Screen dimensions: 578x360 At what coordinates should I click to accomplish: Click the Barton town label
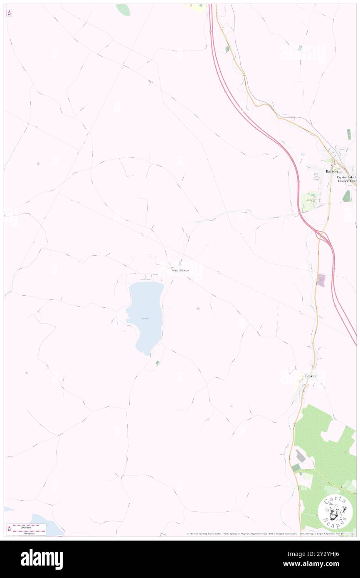[331, 171]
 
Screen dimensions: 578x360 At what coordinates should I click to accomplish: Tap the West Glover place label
[180, 270]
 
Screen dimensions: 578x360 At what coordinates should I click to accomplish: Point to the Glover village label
[310, 376]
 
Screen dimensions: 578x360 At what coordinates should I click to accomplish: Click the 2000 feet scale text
[29, 526]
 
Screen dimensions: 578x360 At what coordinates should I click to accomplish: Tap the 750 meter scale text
[29, 532]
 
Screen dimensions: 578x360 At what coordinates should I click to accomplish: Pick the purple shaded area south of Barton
[321, 280]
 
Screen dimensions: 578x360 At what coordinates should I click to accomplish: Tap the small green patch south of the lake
[157, 363]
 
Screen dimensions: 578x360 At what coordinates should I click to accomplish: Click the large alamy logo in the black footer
[42, 559]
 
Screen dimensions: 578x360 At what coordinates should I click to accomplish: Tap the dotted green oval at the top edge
[123, 10]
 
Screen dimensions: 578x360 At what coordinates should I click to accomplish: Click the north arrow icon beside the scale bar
[9, 529]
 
